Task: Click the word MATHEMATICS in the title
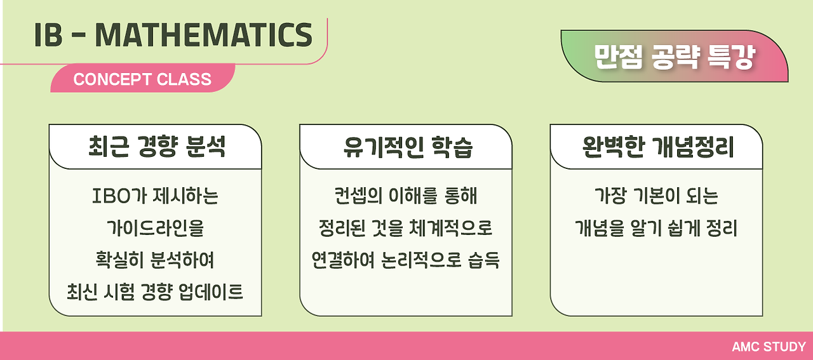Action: coord(203,36)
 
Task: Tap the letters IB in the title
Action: coord(48,36)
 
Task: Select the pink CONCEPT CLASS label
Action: coord(142,79)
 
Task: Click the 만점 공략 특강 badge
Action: coord(675,58)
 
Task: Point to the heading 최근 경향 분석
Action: coord(156,147)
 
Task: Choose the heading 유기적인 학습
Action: coord(406,147)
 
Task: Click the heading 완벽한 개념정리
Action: coord(657,147)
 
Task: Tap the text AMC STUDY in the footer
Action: coord(769,347)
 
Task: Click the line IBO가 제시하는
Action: coord(156,196)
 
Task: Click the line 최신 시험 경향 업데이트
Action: coord(156,293)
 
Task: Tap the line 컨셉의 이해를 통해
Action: coord(406,196)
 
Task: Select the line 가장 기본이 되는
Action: coord(656,196)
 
